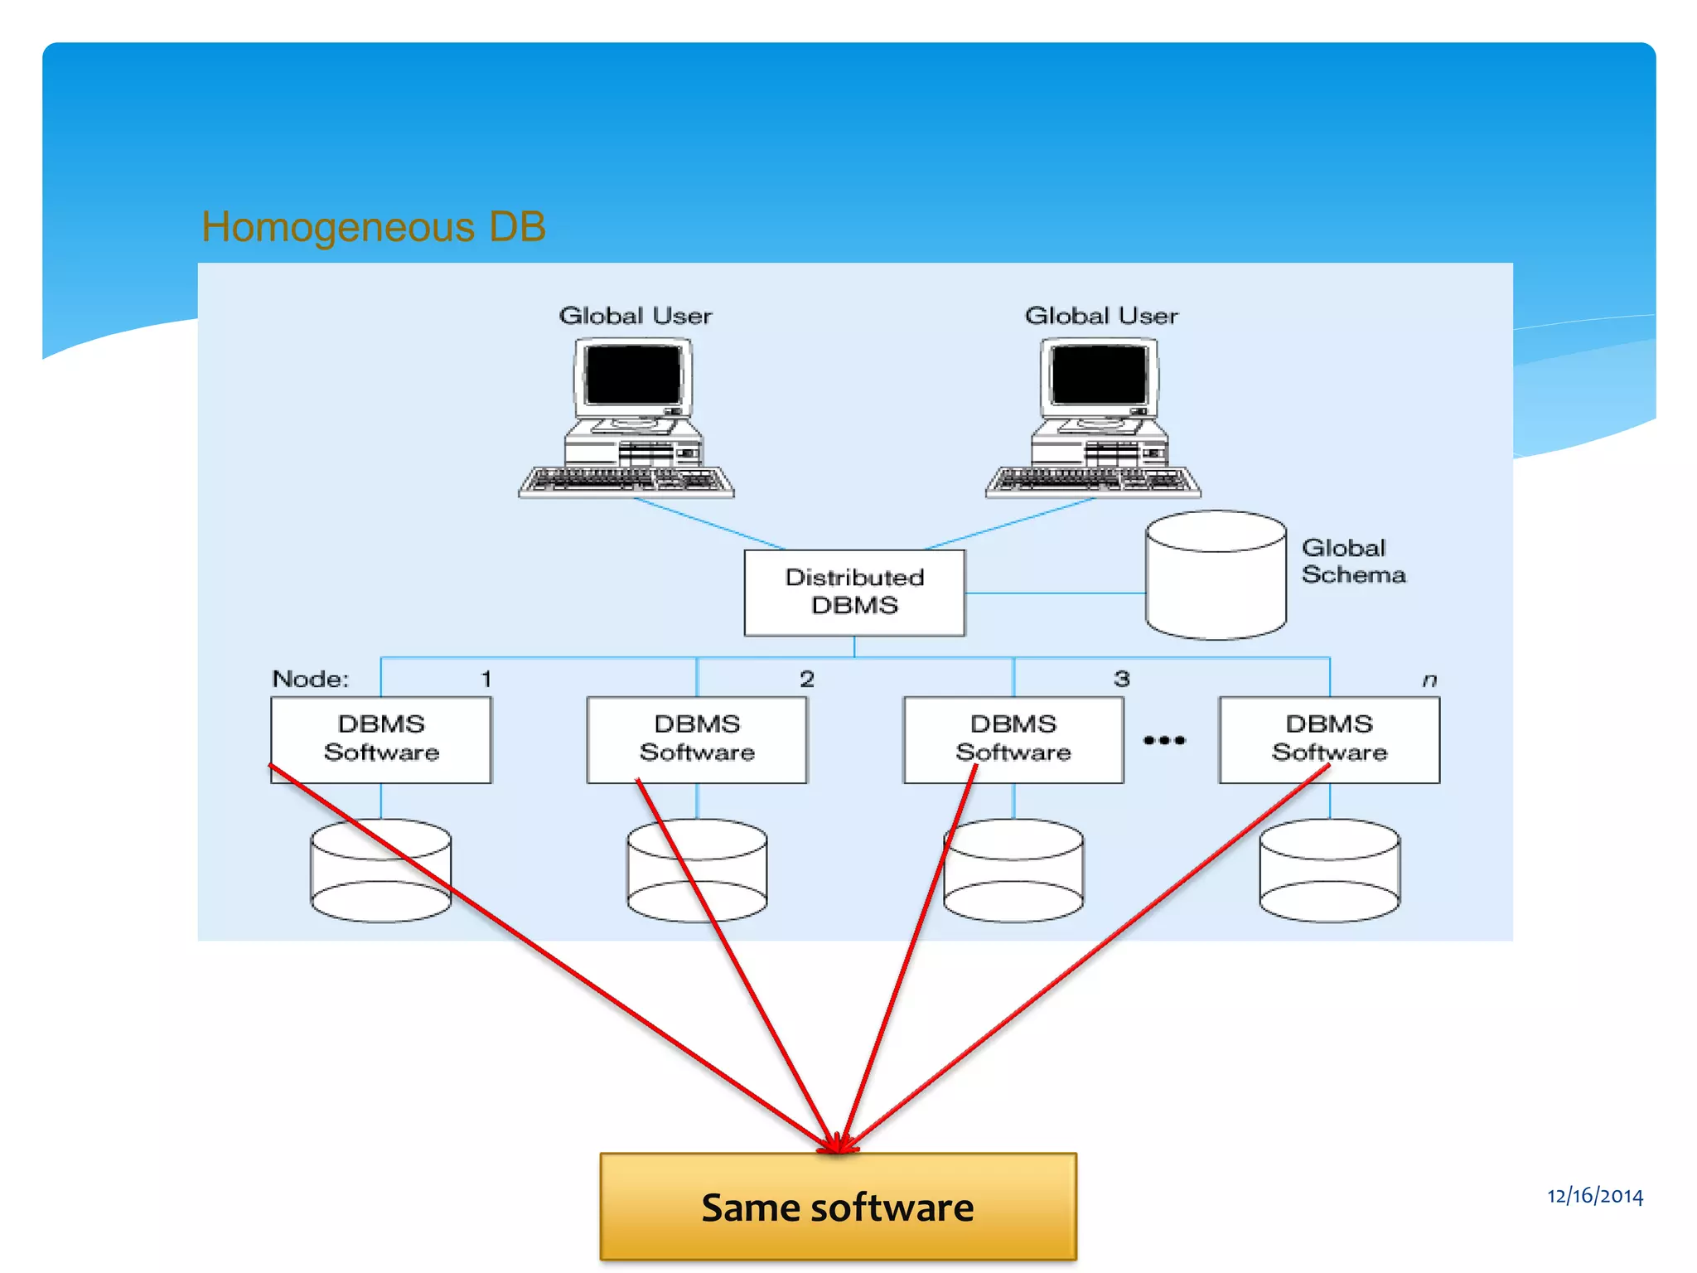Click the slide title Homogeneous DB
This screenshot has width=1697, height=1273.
coord(374,227)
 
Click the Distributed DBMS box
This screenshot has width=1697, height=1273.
coord(854,592)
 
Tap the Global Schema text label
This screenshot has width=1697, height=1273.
coord(1352,561)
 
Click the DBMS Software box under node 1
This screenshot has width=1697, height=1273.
coord(381,738)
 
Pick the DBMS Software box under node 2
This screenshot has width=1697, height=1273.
coord(697,738)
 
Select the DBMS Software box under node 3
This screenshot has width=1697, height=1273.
coord(1013,738)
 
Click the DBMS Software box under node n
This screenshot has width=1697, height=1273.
coord(1329,738)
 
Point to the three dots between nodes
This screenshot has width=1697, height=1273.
coord(1164,740)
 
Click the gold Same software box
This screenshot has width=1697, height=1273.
coord(838,1207)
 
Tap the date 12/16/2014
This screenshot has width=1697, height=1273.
coord(1594,1195)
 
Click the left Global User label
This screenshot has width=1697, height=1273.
coord(636,316)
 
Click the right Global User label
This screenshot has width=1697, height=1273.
coord(1101,316)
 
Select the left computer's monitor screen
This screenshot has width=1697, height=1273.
coord(633,375)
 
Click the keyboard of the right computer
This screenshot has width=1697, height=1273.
coord(1093,481)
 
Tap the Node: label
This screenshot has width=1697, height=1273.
coord(311,680)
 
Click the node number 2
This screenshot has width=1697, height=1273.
coord(807,680)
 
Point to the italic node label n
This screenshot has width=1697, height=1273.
coord(1429,680)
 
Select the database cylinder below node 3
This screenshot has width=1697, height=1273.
coord(1013,871)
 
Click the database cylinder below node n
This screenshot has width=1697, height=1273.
coord(1329,871)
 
